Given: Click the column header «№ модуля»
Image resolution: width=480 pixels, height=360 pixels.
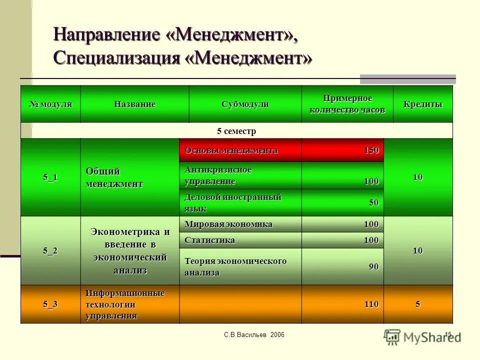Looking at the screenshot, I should click(50, 104).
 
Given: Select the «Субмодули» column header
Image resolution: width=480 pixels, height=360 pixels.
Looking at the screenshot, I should click(245, 104).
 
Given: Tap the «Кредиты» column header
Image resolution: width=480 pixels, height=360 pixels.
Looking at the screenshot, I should click(422, 104).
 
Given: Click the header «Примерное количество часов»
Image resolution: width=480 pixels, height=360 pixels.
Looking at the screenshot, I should click(347, 104).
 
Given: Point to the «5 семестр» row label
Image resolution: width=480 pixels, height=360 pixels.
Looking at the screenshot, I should click(236, 131).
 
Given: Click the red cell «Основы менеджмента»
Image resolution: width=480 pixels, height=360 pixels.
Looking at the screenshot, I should click(231, 150).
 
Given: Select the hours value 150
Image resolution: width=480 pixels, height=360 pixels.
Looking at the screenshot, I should click(371, 150).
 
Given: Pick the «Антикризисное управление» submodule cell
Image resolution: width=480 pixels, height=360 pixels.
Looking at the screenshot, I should click(218, 175).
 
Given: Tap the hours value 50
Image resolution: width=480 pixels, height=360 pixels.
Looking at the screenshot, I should click(373, 203).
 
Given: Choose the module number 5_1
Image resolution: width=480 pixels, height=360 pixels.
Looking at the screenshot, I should click(50, 177).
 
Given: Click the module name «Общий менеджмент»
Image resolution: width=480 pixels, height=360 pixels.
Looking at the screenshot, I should click(114, 177).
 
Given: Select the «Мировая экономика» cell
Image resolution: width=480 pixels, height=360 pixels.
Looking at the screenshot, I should click(228, 224).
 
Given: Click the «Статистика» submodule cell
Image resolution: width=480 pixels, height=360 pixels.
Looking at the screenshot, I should click(209, 240).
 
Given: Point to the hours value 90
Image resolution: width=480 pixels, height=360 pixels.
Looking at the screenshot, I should click(373, 267).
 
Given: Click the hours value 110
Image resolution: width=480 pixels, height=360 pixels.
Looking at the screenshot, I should click(371, 304).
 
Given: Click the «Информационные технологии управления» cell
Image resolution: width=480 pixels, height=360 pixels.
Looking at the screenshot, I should click(125, 304).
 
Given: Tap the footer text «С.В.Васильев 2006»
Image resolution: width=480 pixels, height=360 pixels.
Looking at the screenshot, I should click(254, 334).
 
